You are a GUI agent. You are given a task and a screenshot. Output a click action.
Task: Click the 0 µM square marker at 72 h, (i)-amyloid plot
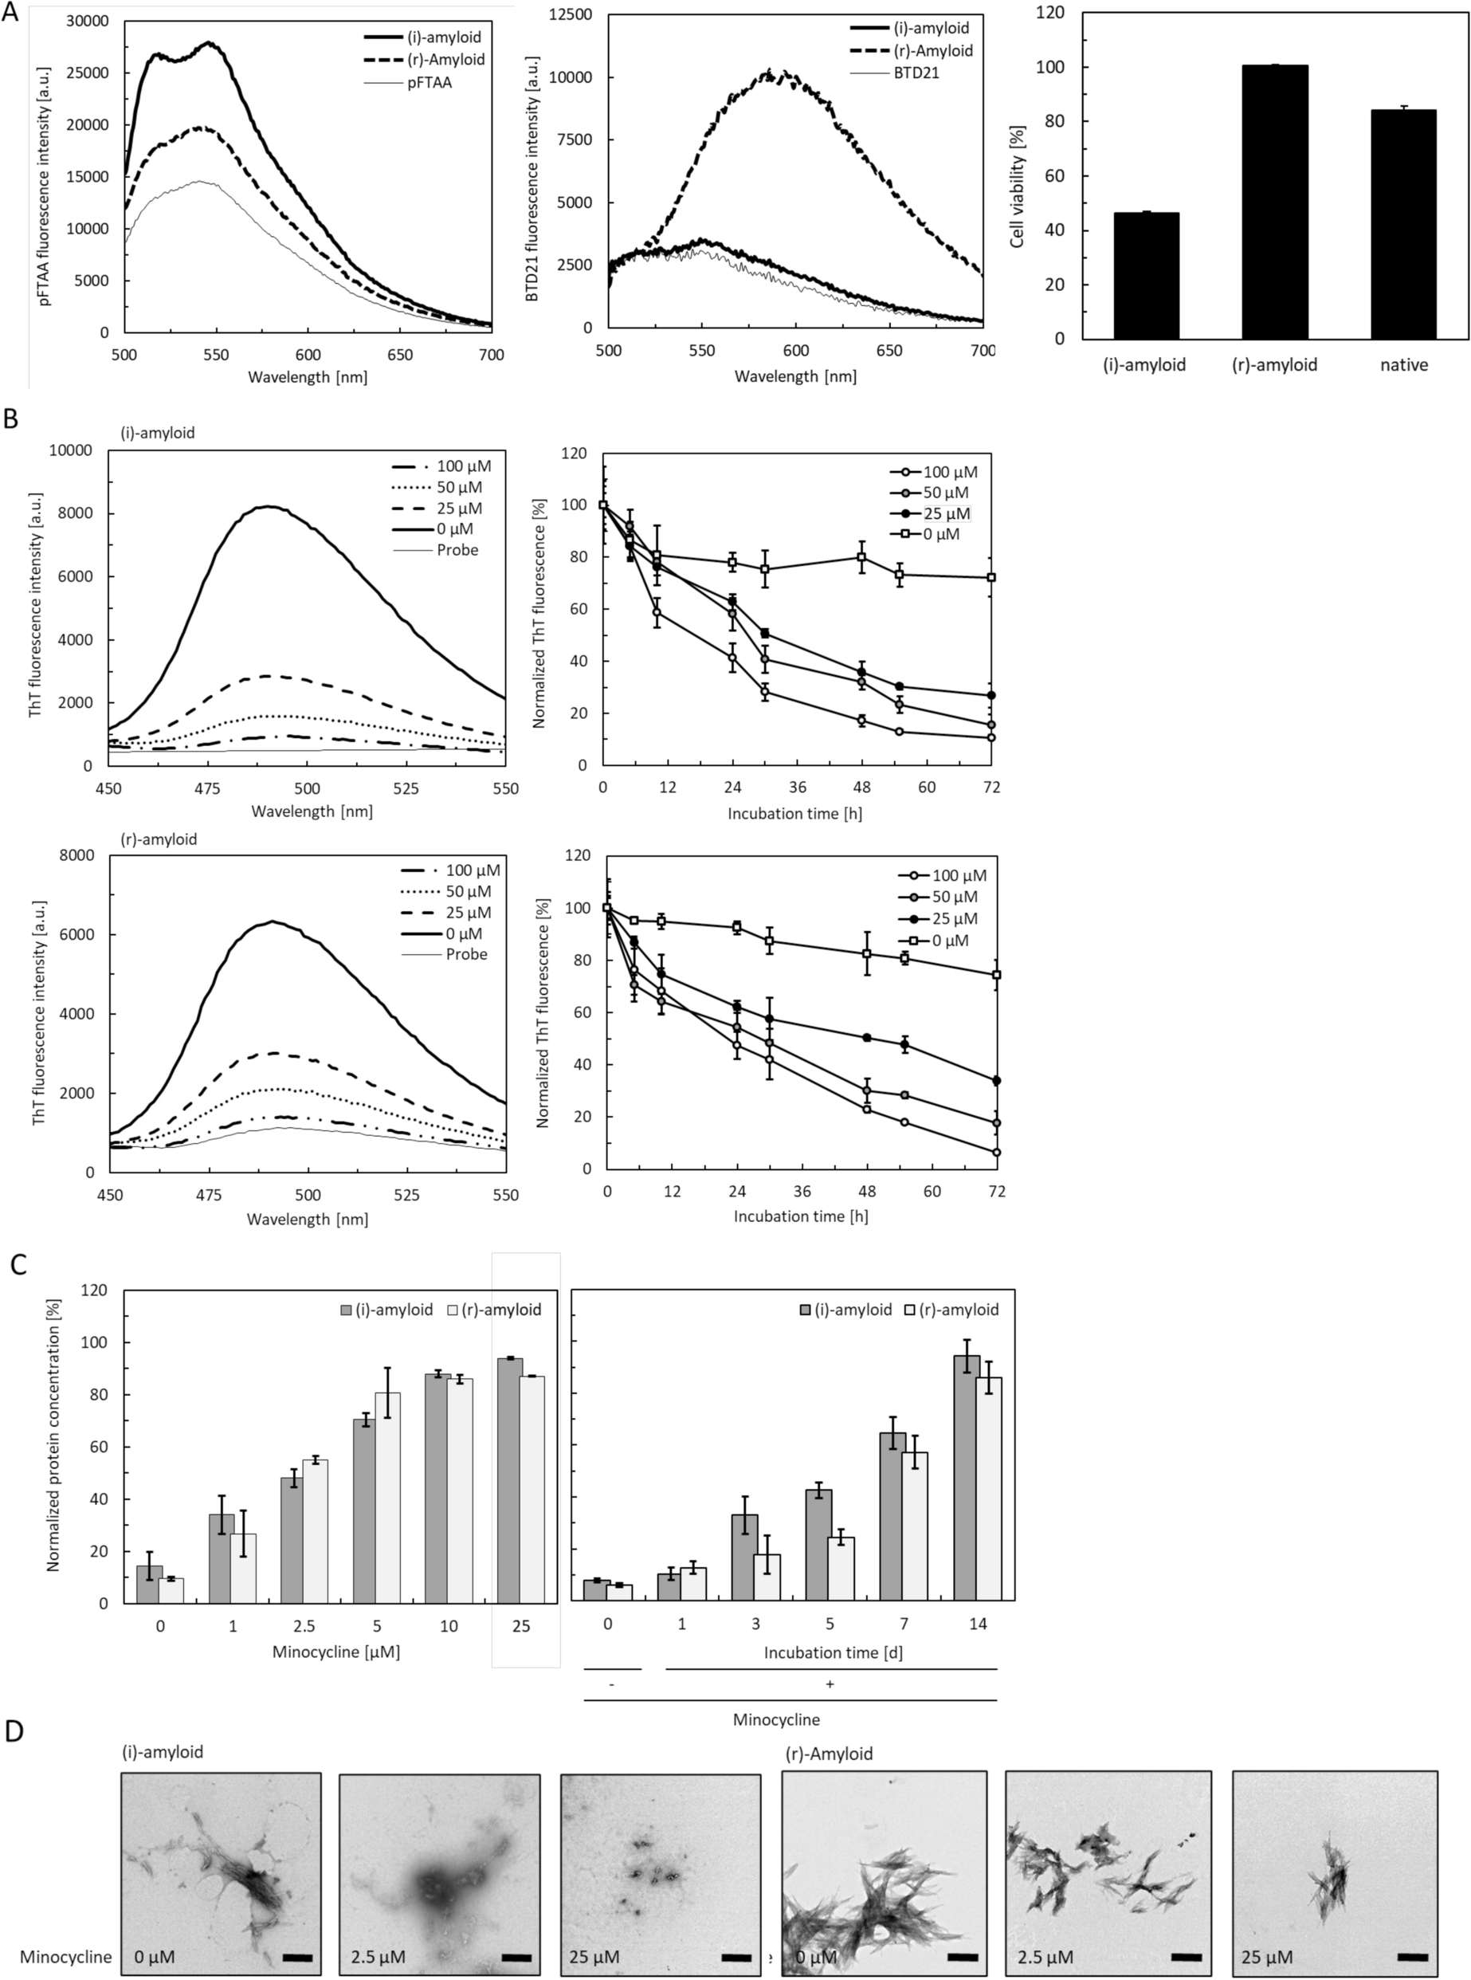tap(991, 577)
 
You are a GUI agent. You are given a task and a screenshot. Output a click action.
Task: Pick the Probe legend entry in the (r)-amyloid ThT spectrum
tap(467, 955)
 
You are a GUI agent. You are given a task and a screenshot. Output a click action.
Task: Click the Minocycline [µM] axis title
tap(335, 1652)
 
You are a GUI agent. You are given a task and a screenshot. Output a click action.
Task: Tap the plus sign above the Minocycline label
tap(830, 1684)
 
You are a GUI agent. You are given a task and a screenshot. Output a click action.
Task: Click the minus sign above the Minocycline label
tap(612, 1684)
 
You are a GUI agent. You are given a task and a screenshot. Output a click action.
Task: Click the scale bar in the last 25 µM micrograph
tap(1412, 1957)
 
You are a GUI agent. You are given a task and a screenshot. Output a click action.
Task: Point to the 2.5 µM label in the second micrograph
tap(373, 1957)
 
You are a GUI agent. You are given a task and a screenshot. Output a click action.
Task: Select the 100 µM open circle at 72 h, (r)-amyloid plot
tap(996, 1153)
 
